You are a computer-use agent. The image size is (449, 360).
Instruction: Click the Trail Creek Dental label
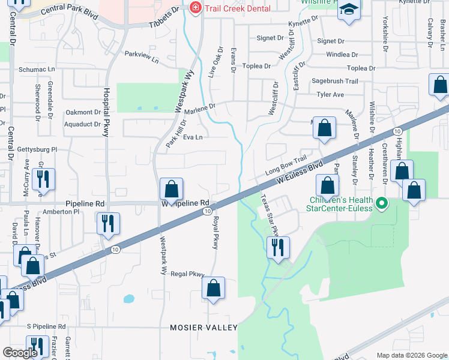pos(238,8)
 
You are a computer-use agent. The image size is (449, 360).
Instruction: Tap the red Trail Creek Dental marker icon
pos(194,8)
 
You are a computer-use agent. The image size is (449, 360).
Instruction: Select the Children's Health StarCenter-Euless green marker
pos(381,206)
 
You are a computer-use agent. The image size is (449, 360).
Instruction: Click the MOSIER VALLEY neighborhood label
pos(203,328)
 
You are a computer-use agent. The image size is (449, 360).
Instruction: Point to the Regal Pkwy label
pos(188,274)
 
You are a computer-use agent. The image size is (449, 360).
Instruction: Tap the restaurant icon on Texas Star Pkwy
pos(278,247)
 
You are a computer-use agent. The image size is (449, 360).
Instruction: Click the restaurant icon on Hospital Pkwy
pos(108,223)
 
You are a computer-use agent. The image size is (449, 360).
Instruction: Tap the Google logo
pos(20,352)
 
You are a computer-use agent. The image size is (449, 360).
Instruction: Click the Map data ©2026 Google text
pos(411,355)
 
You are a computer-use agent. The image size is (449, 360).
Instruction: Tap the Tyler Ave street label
pos(330,95)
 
